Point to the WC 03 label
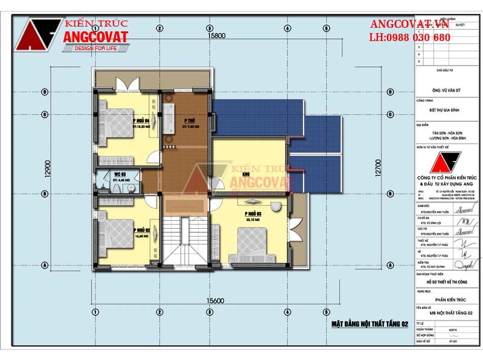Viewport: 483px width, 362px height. tap(118, 176)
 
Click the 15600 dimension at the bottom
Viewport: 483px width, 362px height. tap(215, 300)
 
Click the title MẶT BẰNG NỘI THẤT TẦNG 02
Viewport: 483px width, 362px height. tap(369, 324)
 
